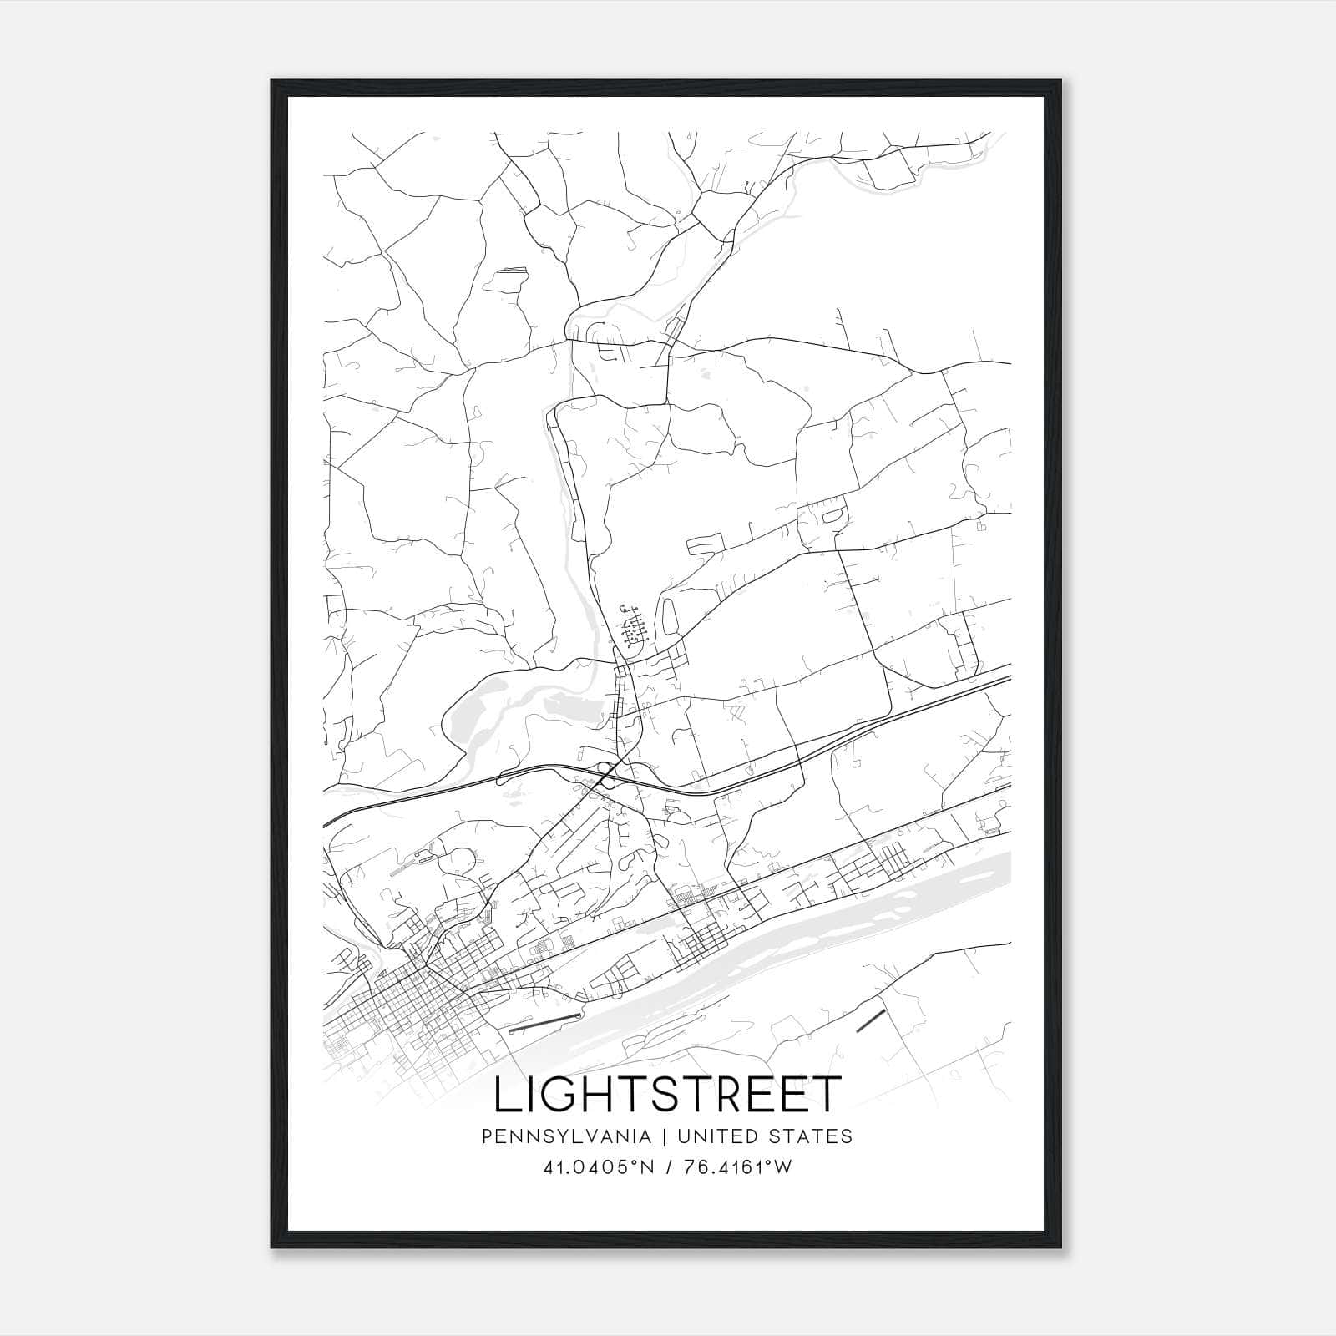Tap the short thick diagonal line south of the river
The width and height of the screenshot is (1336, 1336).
pos(870,1020)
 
